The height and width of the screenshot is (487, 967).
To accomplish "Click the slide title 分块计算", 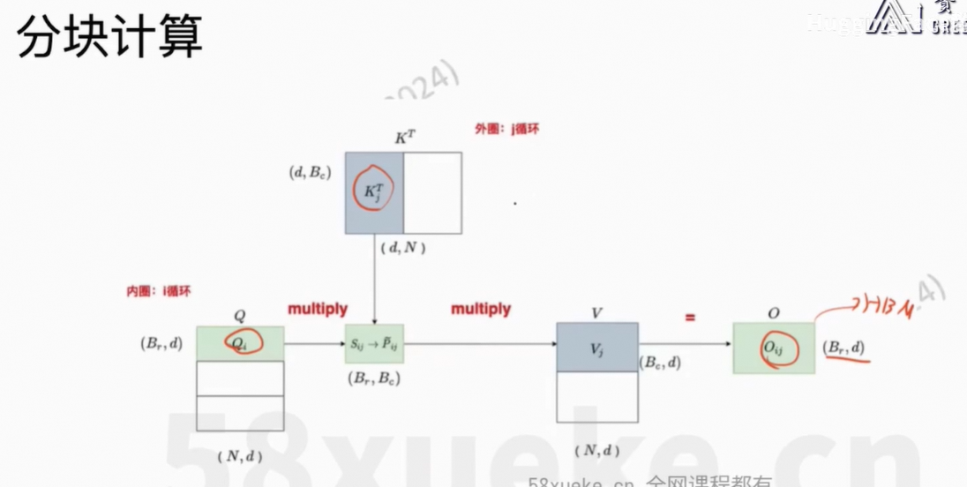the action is (110, 37).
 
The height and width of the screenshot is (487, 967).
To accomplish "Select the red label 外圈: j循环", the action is (506, 129).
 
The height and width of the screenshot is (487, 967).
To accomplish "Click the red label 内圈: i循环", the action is (158, 291).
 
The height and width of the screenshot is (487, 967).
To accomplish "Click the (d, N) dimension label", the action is (403, 248).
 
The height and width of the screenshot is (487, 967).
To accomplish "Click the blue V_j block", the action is (596, 347).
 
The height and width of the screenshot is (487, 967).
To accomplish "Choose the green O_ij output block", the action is (774, 348).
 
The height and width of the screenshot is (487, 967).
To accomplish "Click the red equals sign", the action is (690, 316).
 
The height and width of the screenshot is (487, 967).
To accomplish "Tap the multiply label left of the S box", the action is (318, 310).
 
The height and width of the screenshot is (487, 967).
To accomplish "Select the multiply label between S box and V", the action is (481, 310).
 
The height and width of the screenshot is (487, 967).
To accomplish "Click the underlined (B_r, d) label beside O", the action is (844, 348).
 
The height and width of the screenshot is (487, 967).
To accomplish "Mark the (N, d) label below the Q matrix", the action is (239, 455).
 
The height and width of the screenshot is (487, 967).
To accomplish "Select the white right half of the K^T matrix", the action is (432, 192).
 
